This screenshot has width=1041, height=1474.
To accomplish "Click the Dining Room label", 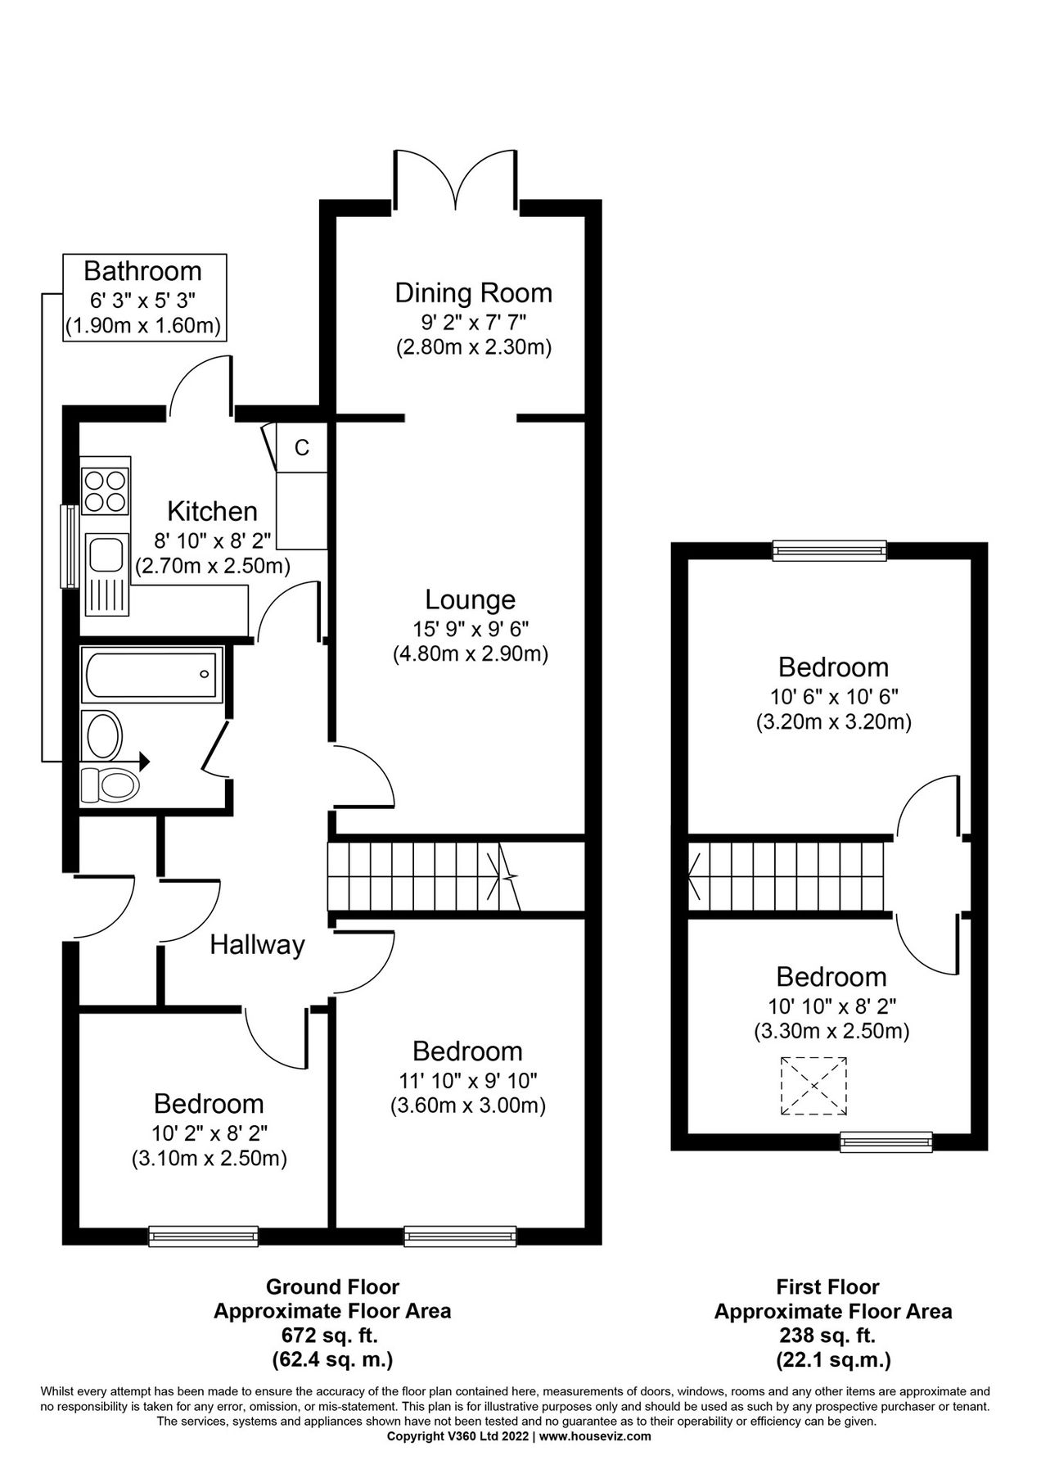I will pyautogui.click(x=473, y=292).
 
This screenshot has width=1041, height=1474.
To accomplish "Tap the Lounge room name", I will pyautogui.click(x=471, y=599).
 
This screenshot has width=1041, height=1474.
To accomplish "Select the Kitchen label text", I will pyautogui.click(x=212, y=511).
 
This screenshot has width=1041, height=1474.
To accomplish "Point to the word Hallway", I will pyautogui.click(x=257, y=945).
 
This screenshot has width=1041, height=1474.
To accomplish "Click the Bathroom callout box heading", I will pyautogui.click(x=142, y=270).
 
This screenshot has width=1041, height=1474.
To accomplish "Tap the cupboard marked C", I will pyautogui.click(x=302, y=448).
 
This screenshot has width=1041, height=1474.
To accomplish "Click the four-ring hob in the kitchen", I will pyautogui.click(x=106, y=490).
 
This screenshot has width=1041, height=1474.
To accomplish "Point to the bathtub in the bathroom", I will pyautogui.click(x=152, y=674).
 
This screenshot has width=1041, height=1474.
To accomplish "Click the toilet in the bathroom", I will pyautogui.click(x=110, y=785).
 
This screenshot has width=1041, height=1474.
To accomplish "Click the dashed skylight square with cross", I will pyautogui.click(x=813, y=1086).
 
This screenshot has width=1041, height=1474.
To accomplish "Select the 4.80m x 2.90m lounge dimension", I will pyautogui.click(x=471, y=654).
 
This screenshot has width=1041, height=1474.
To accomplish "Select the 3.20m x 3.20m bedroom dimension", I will pyautogui.click(x=833, y=722).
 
